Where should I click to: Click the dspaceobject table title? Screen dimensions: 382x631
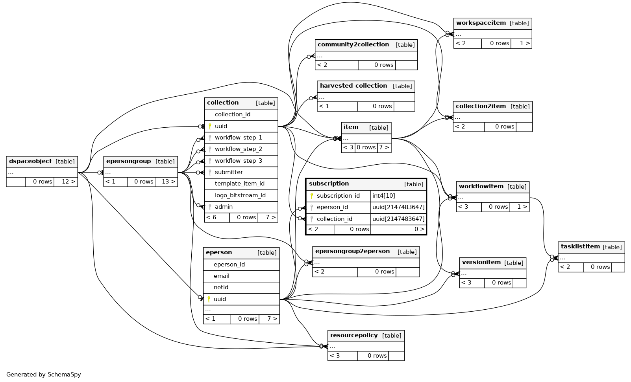pos(30,161)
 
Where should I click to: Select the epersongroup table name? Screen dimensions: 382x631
pos(128,161)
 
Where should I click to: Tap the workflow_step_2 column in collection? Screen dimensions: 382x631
pos(238,149)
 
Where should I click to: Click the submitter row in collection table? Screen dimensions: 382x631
pos(229,172)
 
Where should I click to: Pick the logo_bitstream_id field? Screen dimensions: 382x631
pos(240,195)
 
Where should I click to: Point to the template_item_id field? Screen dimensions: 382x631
pos(239,184)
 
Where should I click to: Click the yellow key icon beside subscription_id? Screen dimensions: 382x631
pos(312,196)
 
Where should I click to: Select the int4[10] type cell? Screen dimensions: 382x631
pos(384,196)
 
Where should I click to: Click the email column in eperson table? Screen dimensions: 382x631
pos(222,276)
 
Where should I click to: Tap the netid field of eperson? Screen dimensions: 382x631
pos(221,287)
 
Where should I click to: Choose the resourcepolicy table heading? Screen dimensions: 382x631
pos(354,335)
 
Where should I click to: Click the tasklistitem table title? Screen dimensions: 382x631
pos(580,246)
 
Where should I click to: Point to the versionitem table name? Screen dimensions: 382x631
pos(481,262)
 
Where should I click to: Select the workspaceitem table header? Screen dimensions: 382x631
pos(481,23)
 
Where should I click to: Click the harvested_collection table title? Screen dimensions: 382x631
pos(353,86)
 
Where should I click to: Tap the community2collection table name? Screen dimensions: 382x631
pos(353,44)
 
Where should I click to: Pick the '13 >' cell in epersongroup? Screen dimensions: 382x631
pos(166,182)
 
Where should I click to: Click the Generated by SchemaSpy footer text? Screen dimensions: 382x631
pos(44,375)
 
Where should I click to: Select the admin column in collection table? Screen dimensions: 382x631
pos(224,207)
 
